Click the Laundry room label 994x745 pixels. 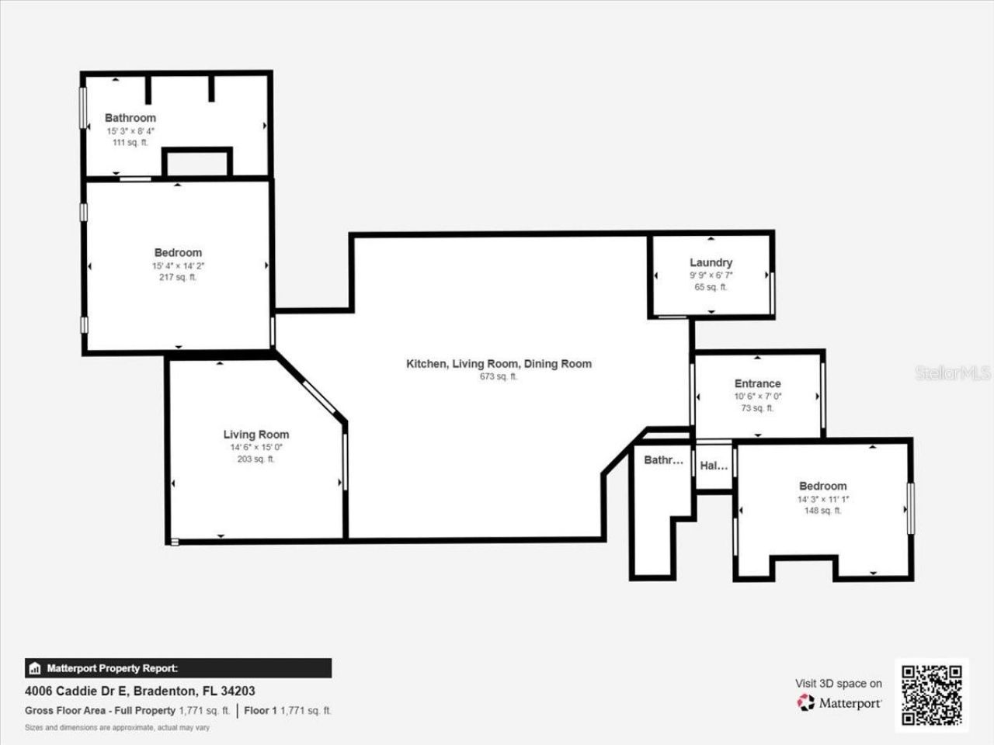click(711, 262)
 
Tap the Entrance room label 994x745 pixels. click(757, 383)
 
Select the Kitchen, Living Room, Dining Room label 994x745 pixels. click(499, 363)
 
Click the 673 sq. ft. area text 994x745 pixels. click(499, 376)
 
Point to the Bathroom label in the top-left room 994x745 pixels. click(130, 118)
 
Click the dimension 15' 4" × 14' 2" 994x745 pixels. click(178, 265)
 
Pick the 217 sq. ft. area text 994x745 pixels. click(178, 277)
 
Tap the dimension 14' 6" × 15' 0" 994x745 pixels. click(255, 447)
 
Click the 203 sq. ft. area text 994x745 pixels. click(255, 459)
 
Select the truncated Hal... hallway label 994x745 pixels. click(714, 466)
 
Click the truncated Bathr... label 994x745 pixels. click(663, 460)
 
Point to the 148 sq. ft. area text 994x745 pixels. click(822, 511)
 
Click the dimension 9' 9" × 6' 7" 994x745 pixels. click(711, 275)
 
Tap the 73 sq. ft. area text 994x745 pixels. click(757, 408)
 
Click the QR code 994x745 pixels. click(931, 694)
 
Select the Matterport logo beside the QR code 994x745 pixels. click(840, 702)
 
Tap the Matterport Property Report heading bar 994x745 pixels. click(178, 668)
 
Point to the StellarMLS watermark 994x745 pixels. click(953, 373)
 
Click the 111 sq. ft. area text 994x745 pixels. click(130, 143)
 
